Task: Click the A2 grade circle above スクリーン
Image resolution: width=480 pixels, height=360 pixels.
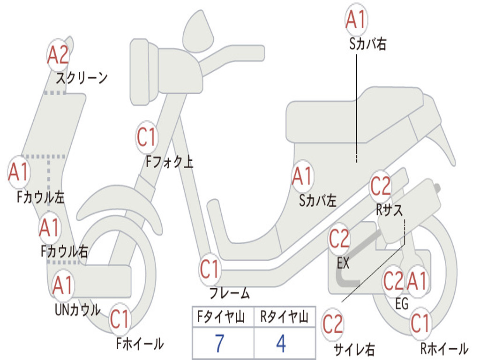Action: click(58, 55)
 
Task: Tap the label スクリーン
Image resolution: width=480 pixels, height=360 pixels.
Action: click(82, 78)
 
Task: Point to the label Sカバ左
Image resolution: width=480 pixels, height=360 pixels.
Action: click(318, 201)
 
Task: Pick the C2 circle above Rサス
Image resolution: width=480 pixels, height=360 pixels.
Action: click(381, 187)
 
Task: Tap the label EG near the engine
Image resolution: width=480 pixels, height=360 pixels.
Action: click(402, 304)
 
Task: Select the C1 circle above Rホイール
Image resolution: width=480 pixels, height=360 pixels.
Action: click(420, 323)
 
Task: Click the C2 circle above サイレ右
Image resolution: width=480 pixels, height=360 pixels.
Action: click(333, 324)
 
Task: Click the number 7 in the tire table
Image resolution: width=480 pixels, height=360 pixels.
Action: click(219, 344)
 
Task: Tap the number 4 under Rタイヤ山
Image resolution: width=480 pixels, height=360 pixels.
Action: click(281, 344)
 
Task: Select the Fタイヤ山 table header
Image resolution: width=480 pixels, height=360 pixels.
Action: click(220, 318)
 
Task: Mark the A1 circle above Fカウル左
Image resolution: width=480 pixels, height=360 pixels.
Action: click(19, 172)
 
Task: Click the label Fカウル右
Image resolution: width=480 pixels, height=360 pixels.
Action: click(64, 252)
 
